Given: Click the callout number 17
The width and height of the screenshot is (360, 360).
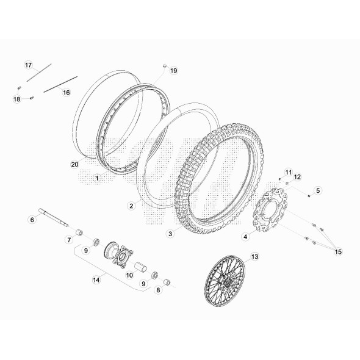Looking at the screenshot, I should click(x=28, y=65).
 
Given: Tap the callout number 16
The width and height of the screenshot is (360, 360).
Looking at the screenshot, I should click(x=66, y=93).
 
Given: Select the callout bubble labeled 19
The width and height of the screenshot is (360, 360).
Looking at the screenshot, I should click(x=173, y=71).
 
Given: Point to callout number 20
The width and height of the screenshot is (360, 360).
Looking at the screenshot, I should click(x=74, y=164).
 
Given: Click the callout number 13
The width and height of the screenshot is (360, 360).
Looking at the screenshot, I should click(x=254, y=257).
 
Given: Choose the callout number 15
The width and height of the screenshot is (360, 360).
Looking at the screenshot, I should click(x=339, y=250).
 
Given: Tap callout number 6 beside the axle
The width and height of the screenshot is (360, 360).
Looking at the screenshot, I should click(x=33, y=219).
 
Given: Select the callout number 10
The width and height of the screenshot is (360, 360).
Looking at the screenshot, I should click(x=129, y=275).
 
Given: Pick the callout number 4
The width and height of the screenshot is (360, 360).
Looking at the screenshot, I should click(x=246, y=236).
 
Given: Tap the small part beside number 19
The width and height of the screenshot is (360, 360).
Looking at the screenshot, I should click(x=164, y=65).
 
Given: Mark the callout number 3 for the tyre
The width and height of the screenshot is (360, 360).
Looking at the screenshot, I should click(x=170, y=232).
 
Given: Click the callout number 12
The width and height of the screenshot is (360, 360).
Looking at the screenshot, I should click(x=298, y=177).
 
